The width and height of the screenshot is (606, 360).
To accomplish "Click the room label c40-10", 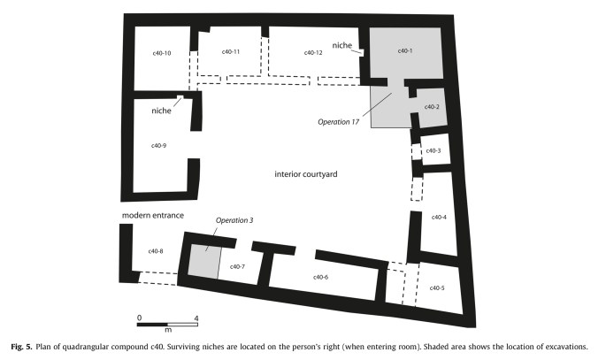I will (x=161, y=54).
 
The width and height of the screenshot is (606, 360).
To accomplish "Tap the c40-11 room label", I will (x=232, y=53).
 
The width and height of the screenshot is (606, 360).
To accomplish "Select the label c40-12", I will (x=313, y=53).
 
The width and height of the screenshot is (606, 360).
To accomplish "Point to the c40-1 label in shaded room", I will (x=405, y=50).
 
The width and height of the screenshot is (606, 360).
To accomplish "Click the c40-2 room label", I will (x=431, y=107).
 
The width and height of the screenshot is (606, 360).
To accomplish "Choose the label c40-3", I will (x=433, y=151).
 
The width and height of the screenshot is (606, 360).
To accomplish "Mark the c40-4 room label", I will (x=439, y=218).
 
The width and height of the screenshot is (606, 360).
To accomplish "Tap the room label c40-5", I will (x=437, y=288).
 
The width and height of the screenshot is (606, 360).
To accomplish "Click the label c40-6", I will (x=320, y=278).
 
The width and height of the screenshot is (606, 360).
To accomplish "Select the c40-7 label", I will (x=237, y=266).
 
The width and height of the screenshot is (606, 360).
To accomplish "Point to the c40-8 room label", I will (x=156, y=252).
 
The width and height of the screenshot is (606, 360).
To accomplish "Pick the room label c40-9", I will (x=158, y=146).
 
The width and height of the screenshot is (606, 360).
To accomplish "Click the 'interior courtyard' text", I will (x=306, y=175).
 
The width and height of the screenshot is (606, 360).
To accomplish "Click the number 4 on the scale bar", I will (x=196, y=318).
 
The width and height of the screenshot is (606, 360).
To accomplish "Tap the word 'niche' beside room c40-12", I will (x=342, y=45).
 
